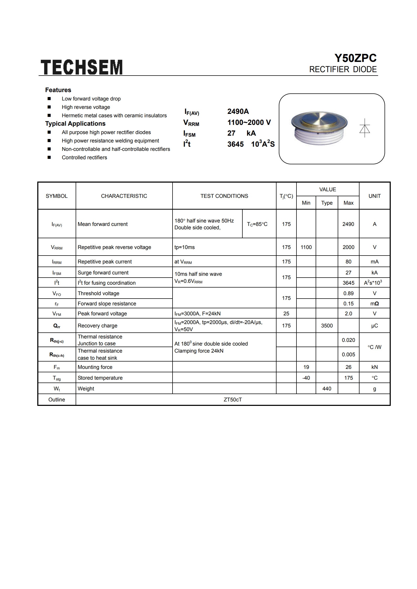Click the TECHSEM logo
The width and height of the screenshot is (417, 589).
pyautogui.click(x=81, y=67)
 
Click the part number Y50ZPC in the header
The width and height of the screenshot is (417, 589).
pyautogui.click(x=355, y=58)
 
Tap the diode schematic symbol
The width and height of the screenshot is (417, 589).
pyautogui.click(x=364, y=128)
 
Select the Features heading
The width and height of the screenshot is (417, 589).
pyautogui.click(x=58, y=90)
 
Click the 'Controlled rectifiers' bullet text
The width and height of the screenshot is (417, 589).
pyautogui.click(x=84, y=157)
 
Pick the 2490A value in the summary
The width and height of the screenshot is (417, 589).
pyautogui.click(x=238, y=112)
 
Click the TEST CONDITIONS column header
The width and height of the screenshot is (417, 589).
pyautogui.click(x=224, y=196)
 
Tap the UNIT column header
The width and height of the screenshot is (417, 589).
pyautogui.click(x=374, y=196)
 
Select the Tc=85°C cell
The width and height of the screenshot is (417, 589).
pyautogui.click(x=257, y=224)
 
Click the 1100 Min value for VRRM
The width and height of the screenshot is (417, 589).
pyautogui.click(x=306, y=247)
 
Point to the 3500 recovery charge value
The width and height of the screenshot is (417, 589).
pyautogui.click(x=327, y=326)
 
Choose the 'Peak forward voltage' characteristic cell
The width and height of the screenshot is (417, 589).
pyautogui.click(x=102, y=314)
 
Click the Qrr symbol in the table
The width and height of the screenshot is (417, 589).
pyautogui.click(x=57, y=326)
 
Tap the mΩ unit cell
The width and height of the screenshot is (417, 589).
pyautogui.click(x=374, y=304)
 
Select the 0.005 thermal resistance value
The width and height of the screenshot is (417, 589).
pyautogui.click(x=348, y=354)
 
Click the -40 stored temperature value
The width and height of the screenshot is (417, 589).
pyautogui.click(x=306, y=378)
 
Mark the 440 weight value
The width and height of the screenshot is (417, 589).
pyautogui.click(x=327, y=389)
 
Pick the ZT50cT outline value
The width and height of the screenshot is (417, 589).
pyautogui.click(x=233, y=400)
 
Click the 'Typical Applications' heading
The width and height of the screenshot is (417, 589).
pyautogui.click(x=75, y=124)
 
